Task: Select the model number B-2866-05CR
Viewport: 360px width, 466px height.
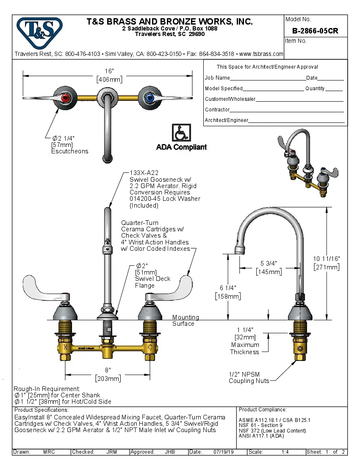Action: tap(315, 31)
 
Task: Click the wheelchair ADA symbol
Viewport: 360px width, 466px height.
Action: tap(181, 133)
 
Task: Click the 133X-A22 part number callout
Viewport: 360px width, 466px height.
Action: tap(144, 173)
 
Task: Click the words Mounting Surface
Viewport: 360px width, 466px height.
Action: tap(185, 320)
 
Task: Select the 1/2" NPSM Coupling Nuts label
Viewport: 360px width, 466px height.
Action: tap(249, 377)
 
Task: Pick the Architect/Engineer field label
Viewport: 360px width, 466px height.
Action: tap(226, 120)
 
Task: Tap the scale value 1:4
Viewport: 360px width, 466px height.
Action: tap(285, 452)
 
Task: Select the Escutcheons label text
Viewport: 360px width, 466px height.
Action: tap(69, 151)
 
